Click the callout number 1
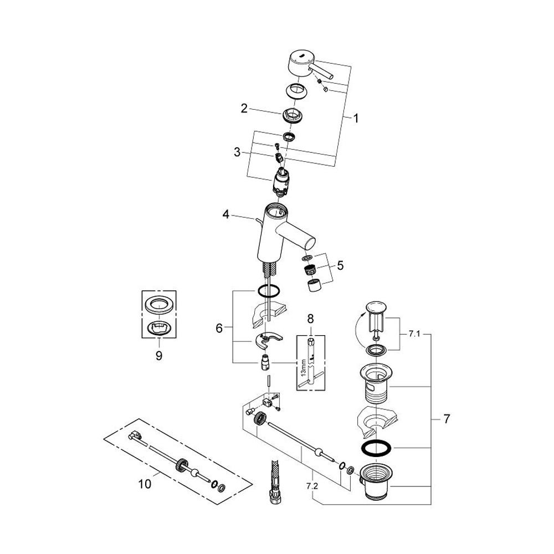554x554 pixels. [x=356, y=118]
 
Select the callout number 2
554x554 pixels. [x=244, y=109]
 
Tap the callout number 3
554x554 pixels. [x=237, y=152]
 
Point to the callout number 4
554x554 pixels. [x=226, y=214]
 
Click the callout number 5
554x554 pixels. [x=340, y=265]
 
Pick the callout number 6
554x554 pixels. [x=219, y=328]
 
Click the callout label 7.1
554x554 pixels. [x=414, y=334]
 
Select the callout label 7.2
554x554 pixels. [x=312, y=486]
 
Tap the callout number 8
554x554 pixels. [x=310, y=319]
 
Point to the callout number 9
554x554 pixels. [x=159, y=356]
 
